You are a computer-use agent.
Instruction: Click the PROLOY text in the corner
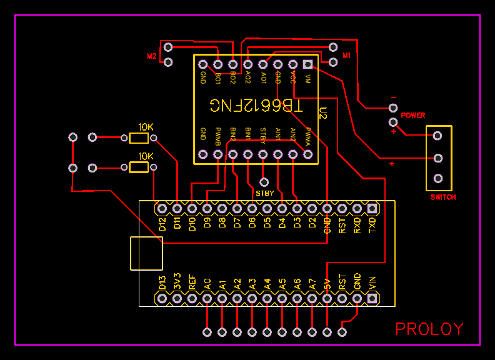(429, 329)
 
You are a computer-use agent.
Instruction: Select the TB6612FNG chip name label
(256, 106)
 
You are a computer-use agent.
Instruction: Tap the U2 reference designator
(322, 113)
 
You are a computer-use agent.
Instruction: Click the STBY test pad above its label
(264, 182)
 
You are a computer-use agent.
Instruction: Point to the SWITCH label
(442, 197)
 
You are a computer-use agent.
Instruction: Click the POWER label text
(412, 116)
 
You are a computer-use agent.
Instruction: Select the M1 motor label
(346, 56)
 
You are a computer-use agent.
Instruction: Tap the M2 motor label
(151, 56)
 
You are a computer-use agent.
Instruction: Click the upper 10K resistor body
(139, 138)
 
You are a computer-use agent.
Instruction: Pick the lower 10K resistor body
(139, 167)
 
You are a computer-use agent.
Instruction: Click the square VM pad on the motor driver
(307, 64)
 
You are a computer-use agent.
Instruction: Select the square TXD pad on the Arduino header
(372, 208)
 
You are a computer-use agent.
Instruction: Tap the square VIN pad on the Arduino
(372, 299)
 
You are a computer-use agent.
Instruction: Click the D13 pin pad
(162, 299)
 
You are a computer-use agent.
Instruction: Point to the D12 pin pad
(162, 208)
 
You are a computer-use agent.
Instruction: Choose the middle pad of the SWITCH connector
(438, 158)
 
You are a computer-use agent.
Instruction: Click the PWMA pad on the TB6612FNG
(307, 154)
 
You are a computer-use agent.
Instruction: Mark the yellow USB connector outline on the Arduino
(146, 253)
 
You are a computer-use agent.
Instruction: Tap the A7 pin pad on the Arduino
(312, 299)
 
